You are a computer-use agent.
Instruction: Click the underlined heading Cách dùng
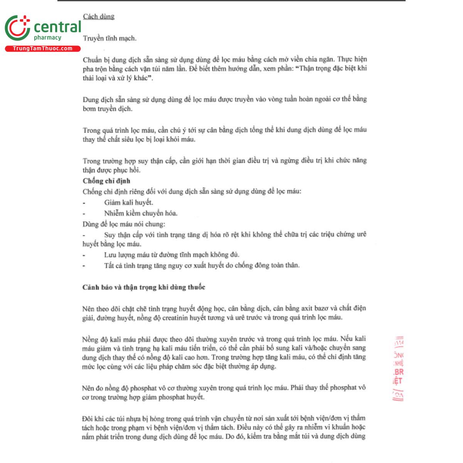click(98, 17)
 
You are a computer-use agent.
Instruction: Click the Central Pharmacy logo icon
click(17, 28)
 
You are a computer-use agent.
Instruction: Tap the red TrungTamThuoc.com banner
click(42, 49)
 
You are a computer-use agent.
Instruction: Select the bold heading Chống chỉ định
click(106, 181)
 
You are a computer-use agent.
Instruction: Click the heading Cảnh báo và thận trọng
click(144, 287)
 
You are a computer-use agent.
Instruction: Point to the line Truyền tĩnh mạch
click(109, 38)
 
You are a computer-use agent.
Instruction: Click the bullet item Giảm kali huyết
click(128, 202)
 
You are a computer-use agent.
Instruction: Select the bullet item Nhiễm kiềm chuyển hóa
click(140, 213)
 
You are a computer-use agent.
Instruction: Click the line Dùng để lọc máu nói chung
click(123, 224)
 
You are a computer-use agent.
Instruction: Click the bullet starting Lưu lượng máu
click(171, 255)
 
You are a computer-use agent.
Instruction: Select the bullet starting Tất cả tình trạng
click(201, 265)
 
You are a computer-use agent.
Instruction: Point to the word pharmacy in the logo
click(47, 38)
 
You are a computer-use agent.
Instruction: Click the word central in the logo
click(57, 27)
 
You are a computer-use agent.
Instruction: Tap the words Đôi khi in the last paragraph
click(92, 418)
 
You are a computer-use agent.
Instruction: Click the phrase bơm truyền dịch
click(107, 109)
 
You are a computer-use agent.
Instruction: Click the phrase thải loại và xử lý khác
click(118, 78)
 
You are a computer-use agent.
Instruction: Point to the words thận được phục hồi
click(111, 170)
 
